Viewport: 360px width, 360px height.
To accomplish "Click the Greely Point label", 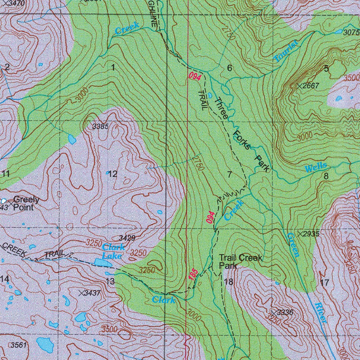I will pyautogui.click(x=26, y=204).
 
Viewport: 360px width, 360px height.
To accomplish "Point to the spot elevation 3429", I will pyautogui.click(x=127, y=238).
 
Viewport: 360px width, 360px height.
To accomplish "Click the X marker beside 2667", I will pyautogui.click(x=300, y=86).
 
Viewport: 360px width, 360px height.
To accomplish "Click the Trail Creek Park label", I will pyautogui.click(x=240, y=262).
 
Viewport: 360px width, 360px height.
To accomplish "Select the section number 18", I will pyautogui.click(x=229, y=282).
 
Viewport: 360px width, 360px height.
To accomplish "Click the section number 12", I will pyautogui.click(x=112, y=174).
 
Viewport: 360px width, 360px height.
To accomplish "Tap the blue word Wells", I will pyautogui.click(x=316, y=168).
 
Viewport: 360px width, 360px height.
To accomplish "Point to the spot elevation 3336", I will pyautogui.click(x=285, y=312).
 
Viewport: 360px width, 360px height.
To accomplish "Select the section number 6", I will pyautogui.click(x=230, y=68).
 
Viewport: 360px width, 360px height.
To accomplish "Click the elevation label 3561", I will pyautogui.click(x=18, y=345).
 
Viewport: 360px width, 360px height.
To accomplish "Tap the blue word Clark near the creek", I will pyautogui.click(x=163, y=300).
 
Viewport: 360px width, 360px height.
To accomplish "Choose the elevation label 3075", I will pyautogui.click(x=351, y=33).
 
